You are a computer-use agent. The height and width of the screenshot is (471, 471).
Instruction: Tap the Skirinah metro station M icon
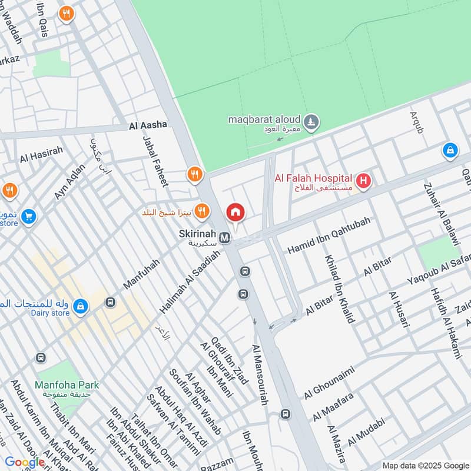(x=224, y=238)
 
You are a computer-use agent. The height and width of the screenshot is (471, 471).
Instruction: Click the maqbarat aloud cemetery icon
(x=312, y=122)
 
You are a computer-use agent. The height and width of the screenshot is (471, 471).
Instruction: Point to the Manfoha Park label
(x=66, y=385)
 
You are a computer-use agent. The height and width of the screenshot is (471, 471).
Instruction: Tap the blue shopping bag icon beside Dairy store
(x=81, y=306)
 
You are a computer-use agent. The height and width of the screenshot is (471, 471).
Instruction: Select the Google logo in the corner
(x=25, y=462)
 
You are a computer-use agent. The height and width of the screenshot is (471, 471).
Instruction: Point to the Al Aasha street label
(x=148, y=125)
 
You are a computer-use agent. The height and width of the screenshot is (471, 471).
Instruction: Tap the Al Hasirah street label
(x=41, y=155)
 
